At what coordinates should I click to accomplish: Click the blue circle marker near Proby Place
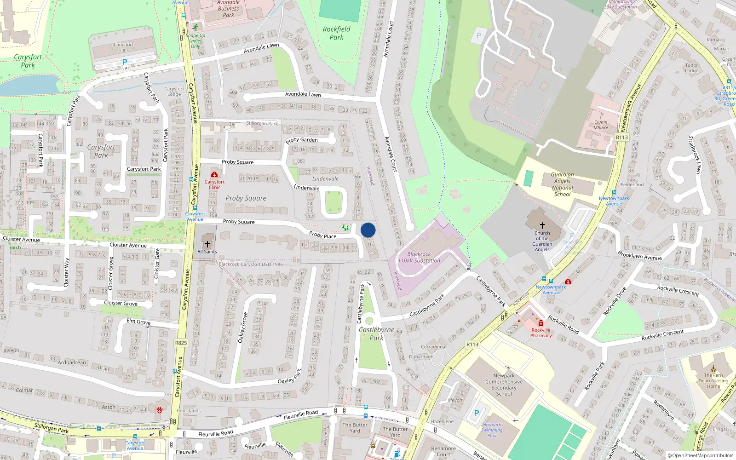[x=368, y=230]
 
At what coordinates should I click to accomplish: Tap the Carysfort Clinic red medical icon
[x=214, y=174]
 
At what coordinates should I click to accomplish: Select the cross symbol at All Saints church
[x=207, y=244]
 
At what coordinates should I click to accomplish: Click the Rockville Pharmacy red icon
[x=541, y=323]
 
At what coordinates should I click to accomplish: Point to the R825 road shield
[x=181, y=343]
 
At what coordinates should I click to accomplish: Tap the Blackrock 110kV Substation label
[x=419, y=257]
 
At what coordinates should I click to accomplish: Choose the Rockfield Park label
[x=336, y=33]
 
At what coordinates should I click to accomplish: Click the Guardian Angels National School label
[x=562, y=184]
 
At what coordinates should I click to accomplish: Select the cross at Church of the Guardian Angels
[x=542, y=225]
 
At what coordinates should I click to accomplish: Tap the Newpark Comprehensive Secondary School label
[x=504, y=385]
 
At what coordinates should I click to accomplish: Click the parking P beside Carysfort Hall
[x=124, y=62]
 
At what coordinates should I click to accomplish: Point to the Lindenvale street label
[x=306, y=188]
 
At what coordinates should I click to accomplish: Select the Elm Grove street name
[x=138, y=322]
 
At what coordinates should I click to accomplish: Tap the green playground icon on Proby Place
[x=345, y=227]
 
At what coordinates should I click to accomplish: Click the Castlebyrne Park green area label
[x=376, y=333]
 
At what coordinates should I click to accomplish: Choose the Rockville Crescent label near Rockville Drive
[x=678, y=290]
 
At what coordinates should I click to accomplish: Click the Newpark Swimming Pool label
[x=492, y=430]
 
